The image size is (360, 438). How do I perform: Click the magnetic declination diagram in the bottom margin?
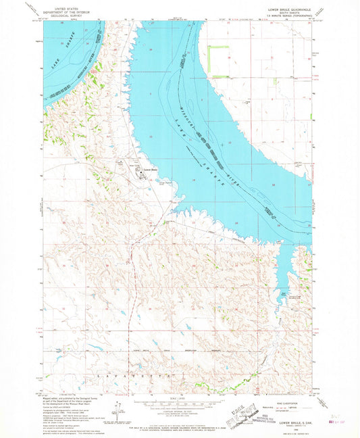119,410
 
